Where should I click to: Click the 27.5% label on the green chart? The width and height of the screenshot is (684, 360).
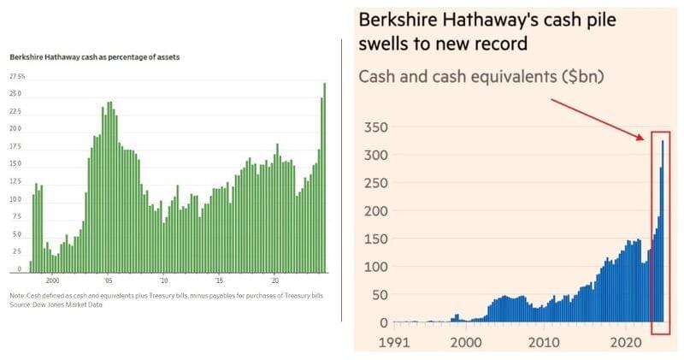pos(17,77)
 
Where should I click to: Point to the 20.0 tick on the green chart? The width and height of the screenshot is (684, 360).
pos(15,128)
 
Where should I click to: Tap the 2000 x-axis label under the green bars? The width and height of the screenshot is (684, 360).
pos(52,280)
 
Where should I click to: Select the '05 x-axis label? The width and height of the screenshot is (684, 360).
pos(109,280)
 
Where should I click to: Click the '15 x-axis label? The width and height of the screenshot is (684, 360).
pos(219,280)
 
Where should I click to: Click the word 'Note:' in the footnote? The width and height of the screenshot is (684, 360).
pos(17,296)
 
